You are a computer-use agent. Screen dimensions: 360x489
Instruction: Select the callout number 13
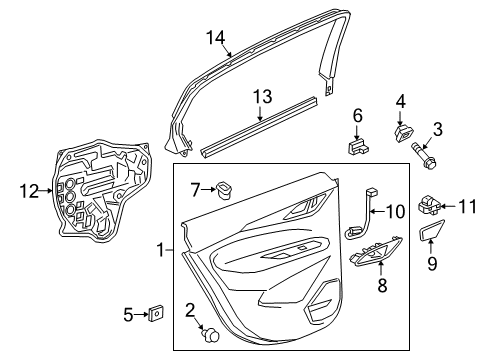click(x=261, y=96)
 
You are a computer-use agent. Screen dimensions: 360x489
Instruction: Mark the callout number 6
click(x=357, y=117)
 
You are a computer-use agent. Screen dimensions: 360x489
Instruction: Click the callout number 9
click(x=432, y=264)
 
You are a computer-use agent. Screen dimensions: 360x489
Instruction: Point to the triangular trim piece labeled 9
click(x=433, y=236)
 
